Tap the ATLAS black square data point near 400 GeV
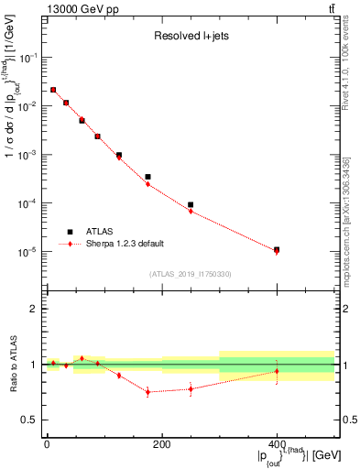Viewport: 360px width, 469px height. (x=277, y=249)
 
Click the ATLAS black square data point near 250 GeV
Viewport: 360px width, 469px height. (x=191, y=205)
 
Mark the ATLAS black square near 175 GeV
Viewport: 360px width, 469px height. (x=147, y=177)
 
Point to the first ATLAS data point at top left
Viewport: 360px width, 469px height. (x=53, y=90)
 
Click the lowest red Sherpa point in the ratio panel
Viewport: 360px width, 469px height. (x=147, y=392)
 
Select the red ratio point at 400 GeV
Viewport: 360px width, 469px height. (x=277, y=371)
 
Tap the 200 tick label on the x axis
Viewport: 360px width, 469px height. (x=161, y=444)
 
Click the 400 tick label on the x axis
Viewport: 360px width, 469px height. (x=277, y=444)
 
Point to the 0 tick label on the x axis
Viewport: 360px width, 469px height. (x=47, y=444)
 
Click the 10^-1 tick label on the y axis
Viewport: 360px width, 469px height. (x=28, y=57)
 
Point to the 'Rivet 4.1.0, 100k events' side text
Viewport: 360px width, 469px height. (x=351, y=78)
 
